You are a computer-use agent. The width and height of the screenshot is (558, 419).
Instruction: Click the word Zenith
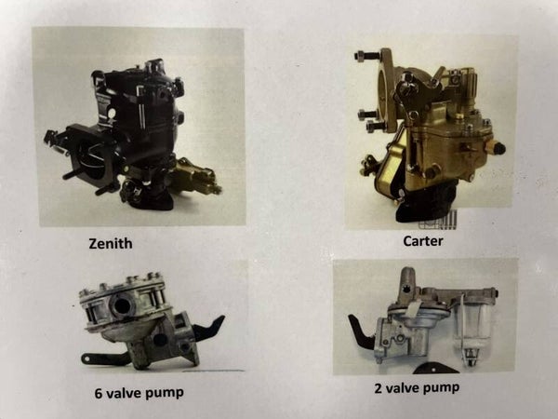tap(111, 244)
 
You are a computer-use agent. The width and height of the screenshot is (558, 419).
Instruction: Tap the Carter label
tap(423, 241)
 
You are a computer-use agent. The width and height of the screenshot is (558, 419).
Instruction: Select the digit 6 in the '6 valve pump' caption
tap(99, 393)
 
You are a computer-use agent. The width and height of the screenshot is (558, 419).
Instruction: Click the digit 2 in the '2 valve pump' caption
tap(379, 388)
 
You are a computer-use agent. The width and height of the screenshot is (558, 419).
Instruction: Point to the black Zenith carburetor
tap(132, 135)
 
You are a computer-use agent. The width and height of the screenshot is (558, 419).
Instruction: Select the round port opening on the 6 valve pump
tap(121, 305)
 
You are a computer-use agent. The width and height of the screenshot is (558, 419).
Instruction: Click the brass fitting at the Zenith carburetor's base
tap(195, 177)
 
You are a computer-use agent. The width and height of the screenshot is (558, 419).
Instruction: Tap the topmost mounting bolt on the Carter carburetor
tap(367, 56)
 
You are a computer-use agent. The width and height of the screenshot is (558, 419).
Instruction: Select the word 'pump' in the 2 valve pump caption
tap(440, 388)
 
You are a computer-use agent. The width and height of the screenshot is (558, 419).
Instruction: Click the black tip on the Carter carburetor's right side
tap(498, 148)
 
